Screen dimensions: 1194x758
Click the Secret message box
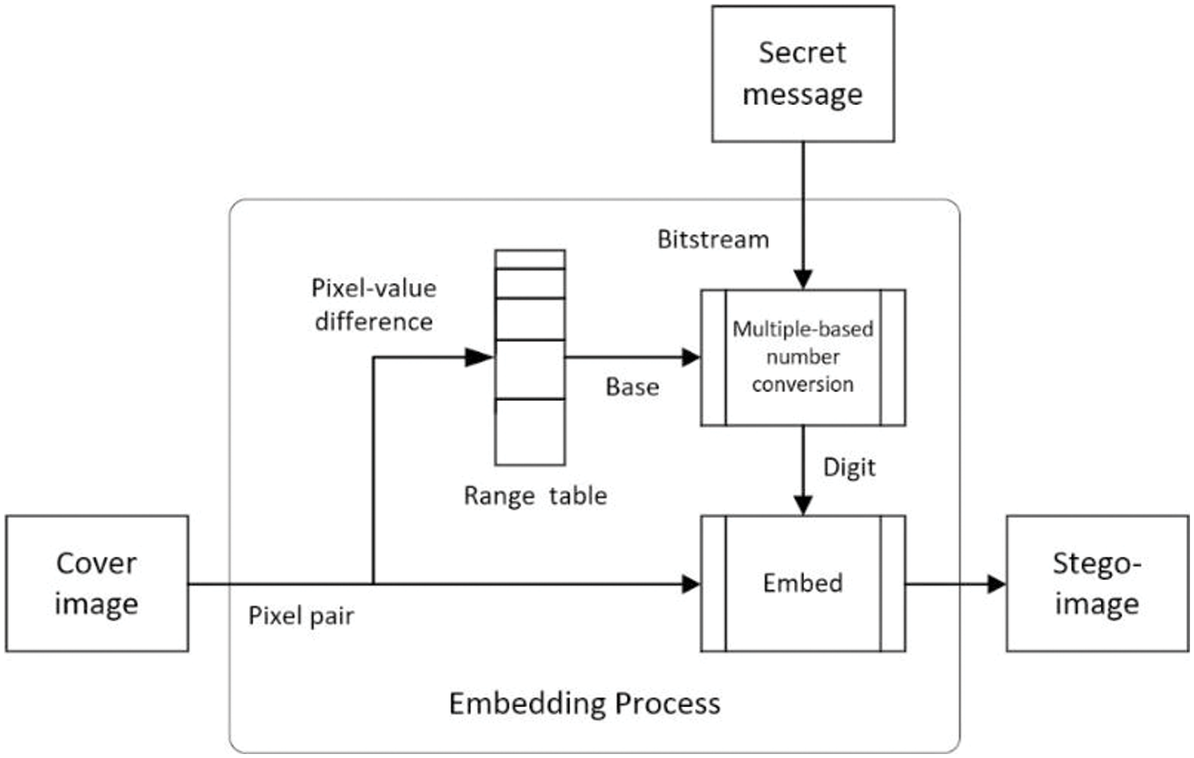tap(802, 74)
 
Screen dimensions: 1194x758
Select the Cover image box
tap(97, 583)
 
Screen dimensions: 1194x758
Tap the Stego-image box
tap(1098, 583)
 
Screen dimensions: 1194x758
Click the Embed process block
tap(802, 583)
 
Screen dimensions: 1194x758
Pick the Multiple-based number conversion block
tap(802, 357)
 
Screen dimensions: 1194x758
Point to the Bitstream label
tap(713, 239)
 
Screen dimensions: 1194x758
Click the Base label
tap(632, 387)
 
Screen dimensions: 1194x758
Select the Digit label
tap(849, 468)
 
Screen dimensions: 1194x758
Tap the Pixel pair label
tap(301, 616)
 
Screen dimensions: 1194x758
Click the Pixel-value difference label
tap(373, 305)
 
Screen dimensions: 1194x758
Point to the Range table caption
tap(535, 496)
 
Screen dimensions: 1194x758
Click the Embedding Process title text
tap(585, 704)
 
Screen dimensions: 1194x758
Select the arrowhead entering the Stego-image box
tap(997, 585)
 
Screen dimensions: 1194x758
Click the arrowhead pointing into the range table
tap(479, 357)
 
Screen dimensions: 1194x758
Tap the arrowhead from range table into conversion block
tap(692, 357)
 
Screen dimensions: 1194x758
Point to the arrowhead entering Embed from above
tap(803, 506)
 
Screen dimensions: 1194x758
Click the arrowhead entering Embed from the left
tap(692, 585)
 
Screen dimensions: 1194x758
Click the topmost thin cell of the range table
tap(530, 259)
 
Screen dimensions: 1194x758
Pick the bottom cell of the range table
tap(530, 432)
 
